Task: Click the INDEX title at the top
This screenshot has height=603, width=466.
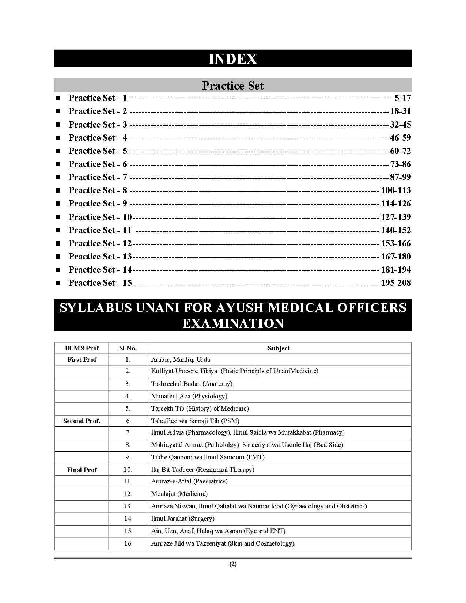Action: [x=233, y=59]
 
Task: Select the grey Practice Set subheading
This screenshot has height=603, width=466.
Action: [x=233, y=86]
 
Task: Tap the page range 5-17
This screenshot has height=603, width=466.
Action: [x=402, y=98]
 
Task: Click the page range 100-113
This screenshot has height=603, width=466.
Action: [x=395, y=190]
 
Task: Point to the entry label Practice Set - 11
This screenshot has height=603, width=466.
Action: [x=100, y=230]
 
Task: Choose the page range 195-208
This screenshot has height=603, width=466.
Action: [x=395, y=283]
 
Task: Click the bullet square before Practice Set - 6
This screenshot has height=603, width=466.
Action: [x=58, y=164]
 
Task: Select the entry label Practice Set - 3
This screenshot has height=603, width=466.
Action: [x=98, y=125]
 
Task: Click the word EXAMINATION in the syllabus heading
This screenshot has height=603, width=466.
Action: [x=233, y=323]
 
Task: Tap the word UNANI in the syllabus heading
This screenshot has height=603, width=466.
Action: [x=156, y=308]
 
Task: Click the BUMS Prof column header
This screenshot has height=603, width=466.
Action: [x=82, y=348]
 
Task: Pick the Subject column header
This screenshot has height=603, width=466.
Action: [x=279, y=348]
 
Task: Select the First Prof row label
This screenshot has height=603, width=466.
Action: [x=82, y=360]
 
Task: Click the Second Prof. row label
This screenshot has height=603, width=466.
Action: [x=82, y=421]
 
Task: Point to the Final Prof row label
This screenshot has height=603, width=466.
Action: [x=82, y=470]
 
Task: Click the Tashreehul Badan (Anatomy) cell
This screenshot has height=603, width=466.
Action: [x=192, y=384]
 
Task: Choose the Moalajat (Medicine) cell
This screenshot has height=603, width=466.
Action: [x=179, y=494]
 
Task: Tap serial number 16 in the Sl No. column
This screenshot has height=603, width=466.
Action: [x=128, y=543]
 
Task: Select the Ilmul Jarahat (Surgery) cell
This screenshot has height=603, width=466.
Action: [x=183, y=519]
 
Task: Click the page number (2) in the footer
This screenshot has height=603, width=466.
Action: [x=233, y=564]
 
